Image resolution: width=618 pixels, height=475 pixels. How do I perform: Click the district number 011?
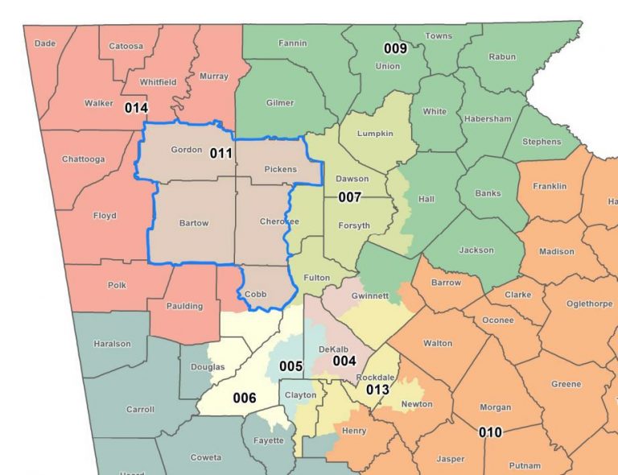pyautogui.click(x=221, y=152)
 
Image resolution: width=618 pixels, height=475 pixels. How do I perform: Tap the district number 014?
pyautogui.click(x=136, y=107)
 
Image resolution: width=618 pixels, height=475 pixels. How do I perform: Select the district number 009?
pyautogui.click(x=395, y=48)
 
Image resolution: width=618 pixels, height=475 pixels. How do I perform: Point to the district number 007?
pyautogui.click(x=349, y=196)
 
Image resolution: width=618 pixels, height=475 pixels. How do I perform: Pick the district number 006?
pyautogui.click(x=245, y=398)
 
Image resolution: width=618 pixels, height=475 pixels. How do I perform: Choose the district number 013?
pyautogui.click(x=377, y=390)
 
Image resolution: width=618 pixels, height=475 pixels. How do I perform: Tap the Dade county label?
pyautogui.click(x=45, y=43)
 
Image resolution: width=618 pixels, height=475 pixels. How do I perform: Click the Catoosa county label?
pyautogui.click(x=126, y=46)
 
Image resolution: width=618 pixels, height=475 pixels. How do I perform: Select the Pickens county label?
pyautogui.click(x=279, y=169)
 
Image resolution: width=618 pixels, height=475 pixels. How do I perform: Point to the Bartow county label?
pyautogui.click(x=193, y=223)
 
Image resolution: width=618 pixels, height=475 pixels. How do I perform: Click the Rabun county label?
pyautogui.click(x=502, y=56)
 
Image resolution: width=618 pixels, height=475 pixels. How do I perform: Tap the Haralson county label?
pyautogui.click(x=112, y=344)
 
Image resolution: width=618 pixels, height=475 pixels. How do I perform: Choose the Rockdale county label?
pyautogui.click(x=375, y=377)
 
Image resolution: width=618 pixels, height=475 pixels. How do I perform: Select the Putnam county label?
pyautogui.click(x=525, y=465)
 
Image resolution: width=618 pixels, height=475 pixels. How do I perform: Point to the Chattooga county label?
pyautogui.click(x=84, y=159)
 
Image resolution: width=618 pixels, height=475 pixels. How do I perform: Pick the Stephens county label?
pyautogui.click(x=542, y=142)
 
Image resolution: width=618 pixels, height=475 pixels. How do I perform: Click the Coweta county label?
pyautogui.click(x=206, y=457)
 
